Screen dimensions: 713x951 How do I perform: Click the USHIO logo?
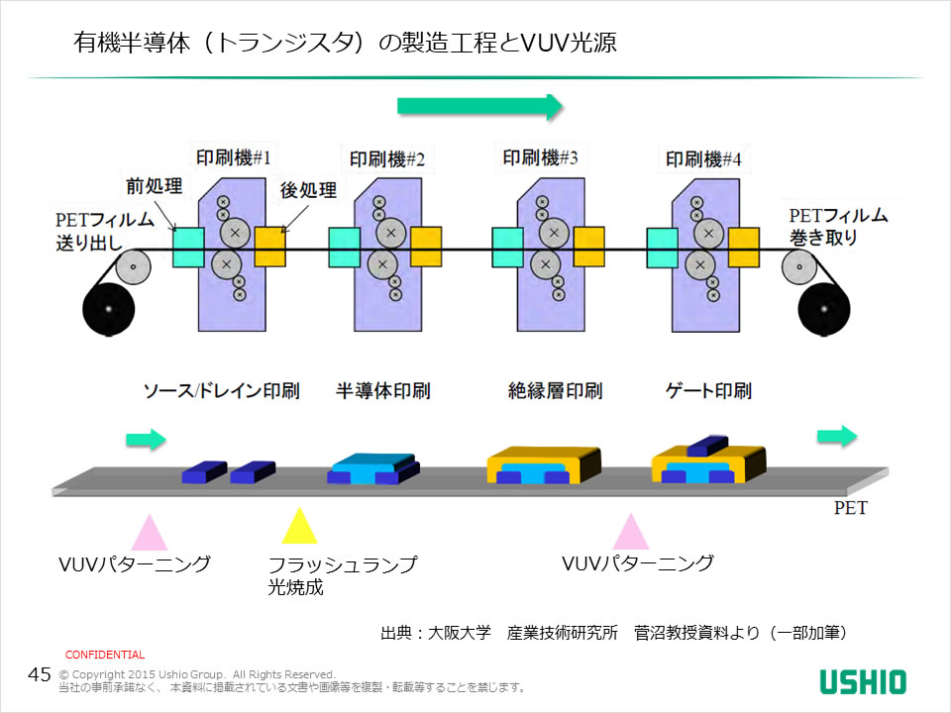[863, 681]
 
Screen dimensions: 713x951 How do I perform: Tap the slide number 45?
[40, 675]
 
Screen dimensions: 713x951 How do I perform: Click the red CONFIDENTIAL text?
[105, 655]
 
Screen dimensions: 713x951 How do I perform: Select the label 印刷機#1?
[233, 157]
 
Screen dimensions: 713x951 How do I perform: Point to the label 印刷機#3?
[541, 157]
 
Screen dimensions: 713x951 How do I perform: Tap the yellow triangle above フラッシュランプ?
[297, 527]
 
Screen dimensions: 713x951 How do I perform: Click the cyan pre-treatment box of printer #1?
[188, 247]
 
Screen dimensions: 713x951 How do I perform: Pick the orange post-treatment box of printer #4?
[742, 247]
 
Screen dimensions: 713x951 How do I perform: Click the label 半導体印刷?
[382, 391]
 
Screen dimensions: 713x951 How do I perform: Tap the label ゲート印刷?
[708, 391]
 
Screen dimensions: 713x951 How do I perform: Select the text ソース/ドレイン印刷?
[221, 391]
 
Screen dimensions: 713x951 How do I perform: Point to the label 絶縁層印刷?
[555, 391]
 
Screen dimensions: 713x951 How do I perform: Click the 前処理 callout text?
[154, 186]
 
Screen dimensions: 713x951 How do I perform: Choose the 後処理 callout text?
[308, 189]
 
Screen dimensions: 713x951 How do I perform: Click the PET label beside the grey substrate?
[850, 509]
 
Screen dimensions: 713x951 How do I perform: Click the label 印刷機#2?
[387, 158]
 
